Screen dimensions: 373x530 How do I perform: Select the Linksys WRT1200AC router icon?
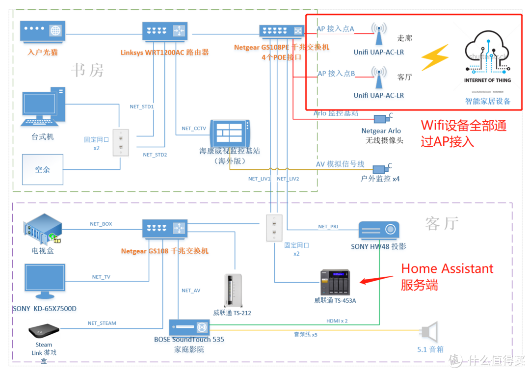(x=165, y=31)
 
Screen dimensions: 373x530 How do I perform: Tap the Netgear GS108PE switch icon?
(x=282, y=31)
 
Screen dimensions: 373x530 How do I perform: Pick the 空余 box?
(x=43, y=169)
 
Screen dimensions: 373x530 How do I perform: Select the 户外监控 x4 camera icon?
(x=381, y=169)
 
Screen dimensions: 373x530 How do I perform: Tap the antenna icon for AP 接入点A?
(x=378, y=34)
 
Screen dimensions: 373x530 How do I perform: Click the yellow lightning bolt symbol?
(x=435, y=57)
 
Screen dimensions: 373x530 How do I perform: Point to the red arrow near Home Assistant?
(x=377, y=280)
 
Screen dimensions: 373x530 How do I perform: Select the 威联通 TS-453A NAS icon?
(x=335, y=282)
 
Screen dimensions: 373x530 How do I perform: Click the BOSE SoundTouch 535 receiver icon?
(x=189, y=327)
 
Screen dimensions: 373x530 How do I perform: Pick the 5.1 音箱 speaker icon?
(x=429, y=332)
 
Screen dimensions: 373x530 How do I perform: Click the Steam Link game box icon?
(x=44, y=331)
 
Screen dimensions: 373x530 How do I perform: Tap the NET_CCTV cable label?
(x=194, y=129)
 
